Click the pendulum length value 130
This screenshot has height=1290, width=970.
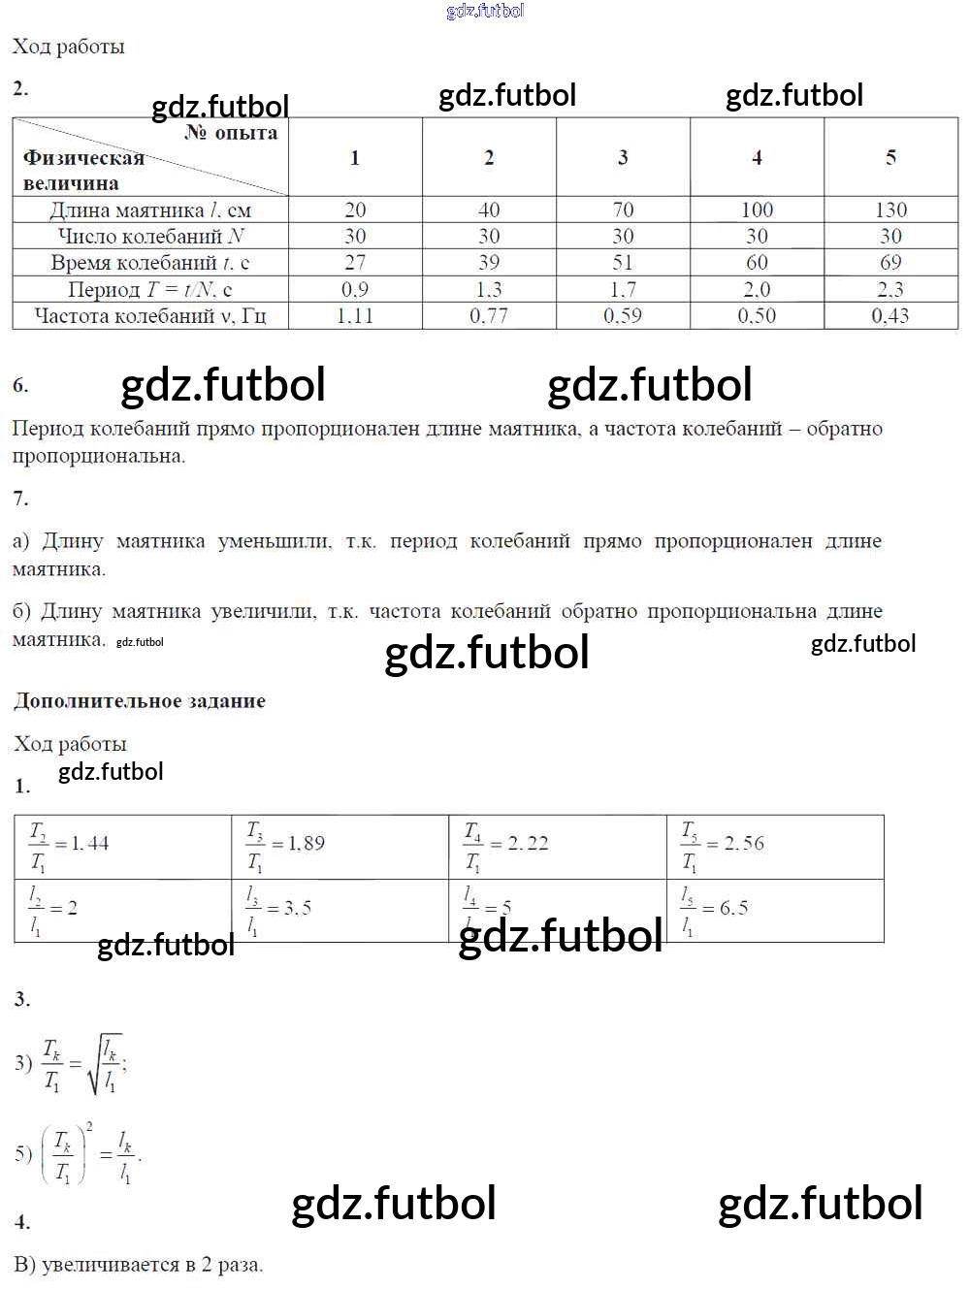pyautogui.click(x=890, y=210)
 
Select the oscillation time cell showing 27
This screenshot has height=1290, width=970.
pyautogui.click(x=355, y=262)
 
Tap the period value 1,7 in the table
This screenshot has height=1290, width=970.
pyautogui.click(x=623, y=289)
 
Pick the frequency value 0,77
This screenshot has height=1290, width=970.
pyautogui.click(x=489, y=315)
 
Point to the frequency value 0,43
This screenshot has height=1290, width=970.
pyautogui.click(x=890, y=315)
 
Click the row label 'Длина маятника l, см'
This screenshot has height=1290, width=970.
pyautogui.click(x=150, y=210)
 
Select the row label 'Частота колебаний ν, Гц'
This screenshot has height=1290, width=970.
pyautogui.click(x=150, y=315)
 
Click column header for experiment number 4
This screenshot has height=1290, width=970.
pyautogui.click(x=757, y=157)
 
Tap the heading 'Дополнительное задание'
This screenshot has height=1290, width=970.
pyautogui.click(x=140, y=700)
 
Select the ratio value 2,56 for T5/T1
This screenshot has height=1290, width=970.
pyautogui.click(x=744, y=844)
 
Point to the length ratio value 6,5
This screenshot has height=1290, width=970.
pyautogui.click(x=733, y=908)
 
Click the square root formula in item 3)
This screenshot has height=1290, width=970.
pyautogui.click(x=83, y=1063)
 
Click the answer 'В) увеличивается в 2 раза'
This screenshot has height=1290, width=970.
pyautogui.click(x=139, y=1265)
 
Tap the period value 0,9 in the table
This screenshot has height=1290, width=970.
pyautogui.click(x=355, y=289)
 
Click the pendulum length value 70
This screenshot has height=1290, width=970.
pyautogui.click(x=623, y=210)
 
